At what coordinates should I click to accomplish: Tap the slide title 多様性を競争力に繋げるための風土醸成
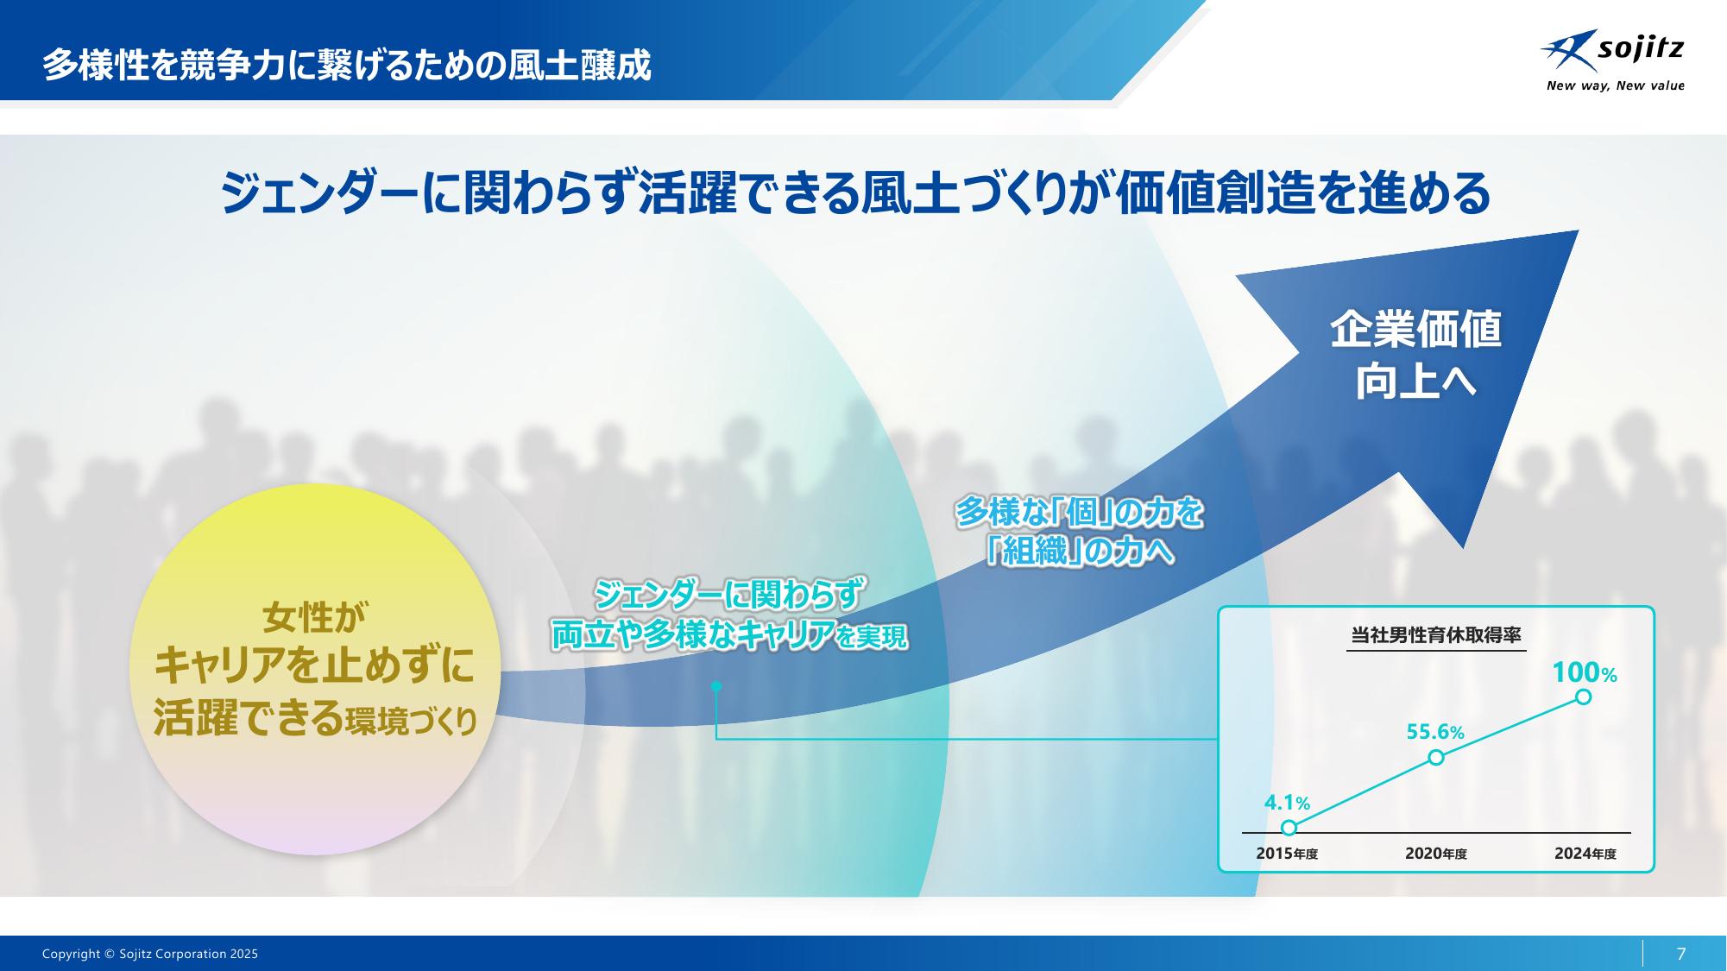click(347, 65)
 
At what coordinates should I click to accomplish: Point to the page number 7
click(1680, 954)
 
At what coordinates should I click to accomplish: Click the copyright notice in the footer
click(150, 954)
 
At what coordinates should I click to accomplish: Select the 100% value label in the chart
click(1585, 672)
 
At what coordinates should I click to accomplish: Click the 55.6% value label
click(1435, 732)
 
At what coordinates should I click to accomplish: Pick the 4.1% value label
click(1287, 803)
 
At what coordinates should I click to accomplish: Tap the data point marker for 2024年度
click(1584, 697)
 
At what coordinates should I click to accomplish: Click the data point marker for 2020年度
click(1436, 757)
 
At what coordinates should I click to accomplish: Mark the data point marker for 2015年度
click(1289, 828)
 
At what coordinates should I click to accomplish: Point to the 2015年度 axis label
click(1287, 854)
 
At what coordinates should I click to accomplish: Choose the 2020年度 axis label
click(1436, 854)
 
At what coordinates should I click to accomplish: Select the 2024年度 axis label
click(1585, 854)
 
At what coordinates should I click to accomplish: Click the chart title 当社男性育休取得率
click(1436, 635)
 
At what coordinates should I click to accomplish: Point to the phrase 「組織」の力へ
click(1080, 551)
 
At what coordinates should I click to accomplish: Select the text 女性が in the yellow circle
click(314, 619)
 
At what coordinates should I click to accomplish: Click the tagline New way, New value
click(1615, 85)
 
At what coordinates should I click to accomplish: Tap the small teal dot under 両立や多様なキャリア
click(716, 687)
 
